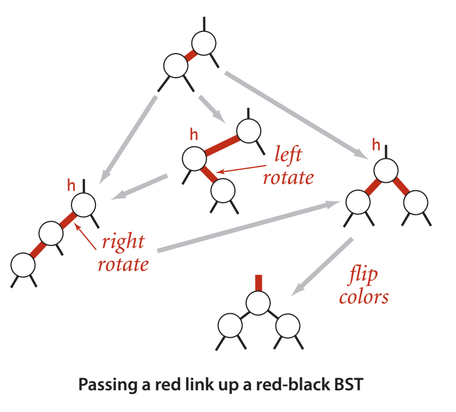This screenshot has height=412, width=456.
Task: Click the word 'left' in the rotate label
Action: (288, 155)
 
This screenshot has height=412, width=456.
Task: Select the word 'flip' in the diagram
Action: (362, 276)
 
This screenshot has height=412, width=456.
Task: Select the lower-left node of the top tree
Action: (175, 65)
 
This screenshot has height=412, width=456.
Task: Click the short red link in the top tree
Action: (190, 54)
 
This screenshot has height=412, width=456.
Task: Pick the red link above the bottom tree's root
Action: (258, 283)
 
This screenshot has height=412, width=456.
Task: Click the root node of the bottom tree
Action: (258, 302)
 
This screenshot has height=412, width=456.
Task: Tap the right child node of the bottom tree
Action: (286, 327)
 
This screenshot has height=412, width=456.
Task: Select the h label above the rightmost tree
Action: (375, 145)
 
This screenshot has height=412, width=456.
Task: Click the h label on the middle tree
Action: (194, 135)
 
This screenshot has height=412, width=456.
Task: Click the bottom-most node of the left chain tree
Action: (22, 264)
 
